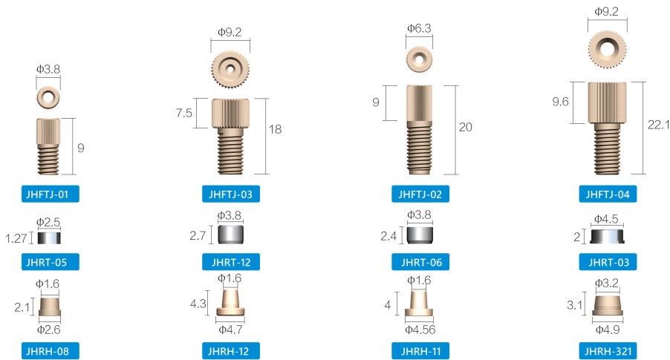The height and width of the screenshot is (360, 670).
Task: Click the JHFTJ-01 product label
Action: (x=49, y=195)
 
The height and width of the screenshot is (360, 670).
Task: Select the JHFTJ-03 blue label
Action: (x=230, y=195)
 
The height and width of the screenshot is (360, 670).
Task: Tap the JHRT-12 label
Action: (x=230, y=262)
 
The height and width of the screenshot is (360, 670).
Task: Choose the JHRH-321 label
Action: (x=608, y=350)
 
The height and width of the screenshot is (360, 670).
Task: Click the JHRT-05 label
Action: (x=49, y=262)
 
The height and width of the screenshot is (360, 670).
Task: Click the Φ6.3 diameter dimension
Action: (x=420, y=28)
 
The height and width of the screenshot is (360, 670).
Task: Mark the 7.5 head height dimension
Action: (x=184, y=113)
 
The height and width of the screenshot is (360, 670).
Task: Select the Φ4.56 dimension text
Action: (x=420, y=328)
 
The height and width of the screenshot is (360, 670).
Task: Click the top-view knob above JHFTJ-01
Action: (x=49, y=97)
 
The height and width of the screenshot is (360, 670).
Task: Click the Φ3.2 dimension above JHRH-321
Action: (x=607, y=283)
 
